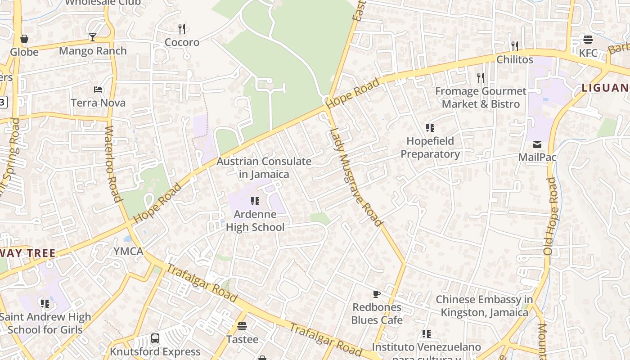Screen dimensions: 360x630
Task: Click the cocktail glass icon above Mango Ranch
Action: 93,37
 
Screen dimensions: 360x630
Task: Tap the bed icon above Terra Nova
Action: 98,89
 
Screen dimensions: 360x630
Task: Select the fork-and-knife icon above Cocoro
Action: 182,29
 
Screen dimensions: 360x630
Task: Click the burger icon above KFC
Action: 588,40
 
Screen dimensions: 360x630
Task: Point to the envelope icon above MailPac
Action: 537,144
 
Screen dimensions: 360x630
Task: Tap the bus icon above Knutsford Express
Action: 155,338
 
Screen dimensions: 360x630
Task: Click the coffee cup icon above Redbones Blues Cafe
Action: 377,294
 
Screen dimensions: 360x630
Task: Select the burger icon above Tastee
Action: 242,326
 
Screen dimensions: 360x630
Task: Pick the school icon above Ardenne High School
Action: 255,201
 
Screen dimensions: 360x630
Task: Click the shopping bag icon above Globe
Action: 24,39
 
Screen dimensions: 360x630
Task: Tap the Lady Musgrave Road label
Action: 356,177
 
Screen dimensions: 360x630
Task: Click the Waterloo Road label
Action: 113,164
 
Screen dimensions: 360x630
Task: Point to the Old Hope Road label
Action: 551,216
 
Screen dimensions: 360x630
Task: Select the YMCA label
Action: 128,251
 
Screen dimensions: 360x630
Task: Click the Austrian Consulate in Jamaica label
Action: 264,167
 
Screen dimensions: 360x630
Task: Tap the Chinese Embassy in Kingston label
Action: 484,306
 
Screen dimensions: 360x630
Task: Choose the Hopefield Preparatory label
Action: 430,147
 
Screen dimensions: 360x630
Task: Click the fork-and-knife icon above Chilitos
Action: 515,46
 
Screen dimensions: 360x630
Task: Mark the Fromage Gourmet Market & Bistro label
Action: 481,98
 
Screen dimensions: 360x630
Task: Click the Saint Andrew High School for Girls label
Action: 45,323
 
